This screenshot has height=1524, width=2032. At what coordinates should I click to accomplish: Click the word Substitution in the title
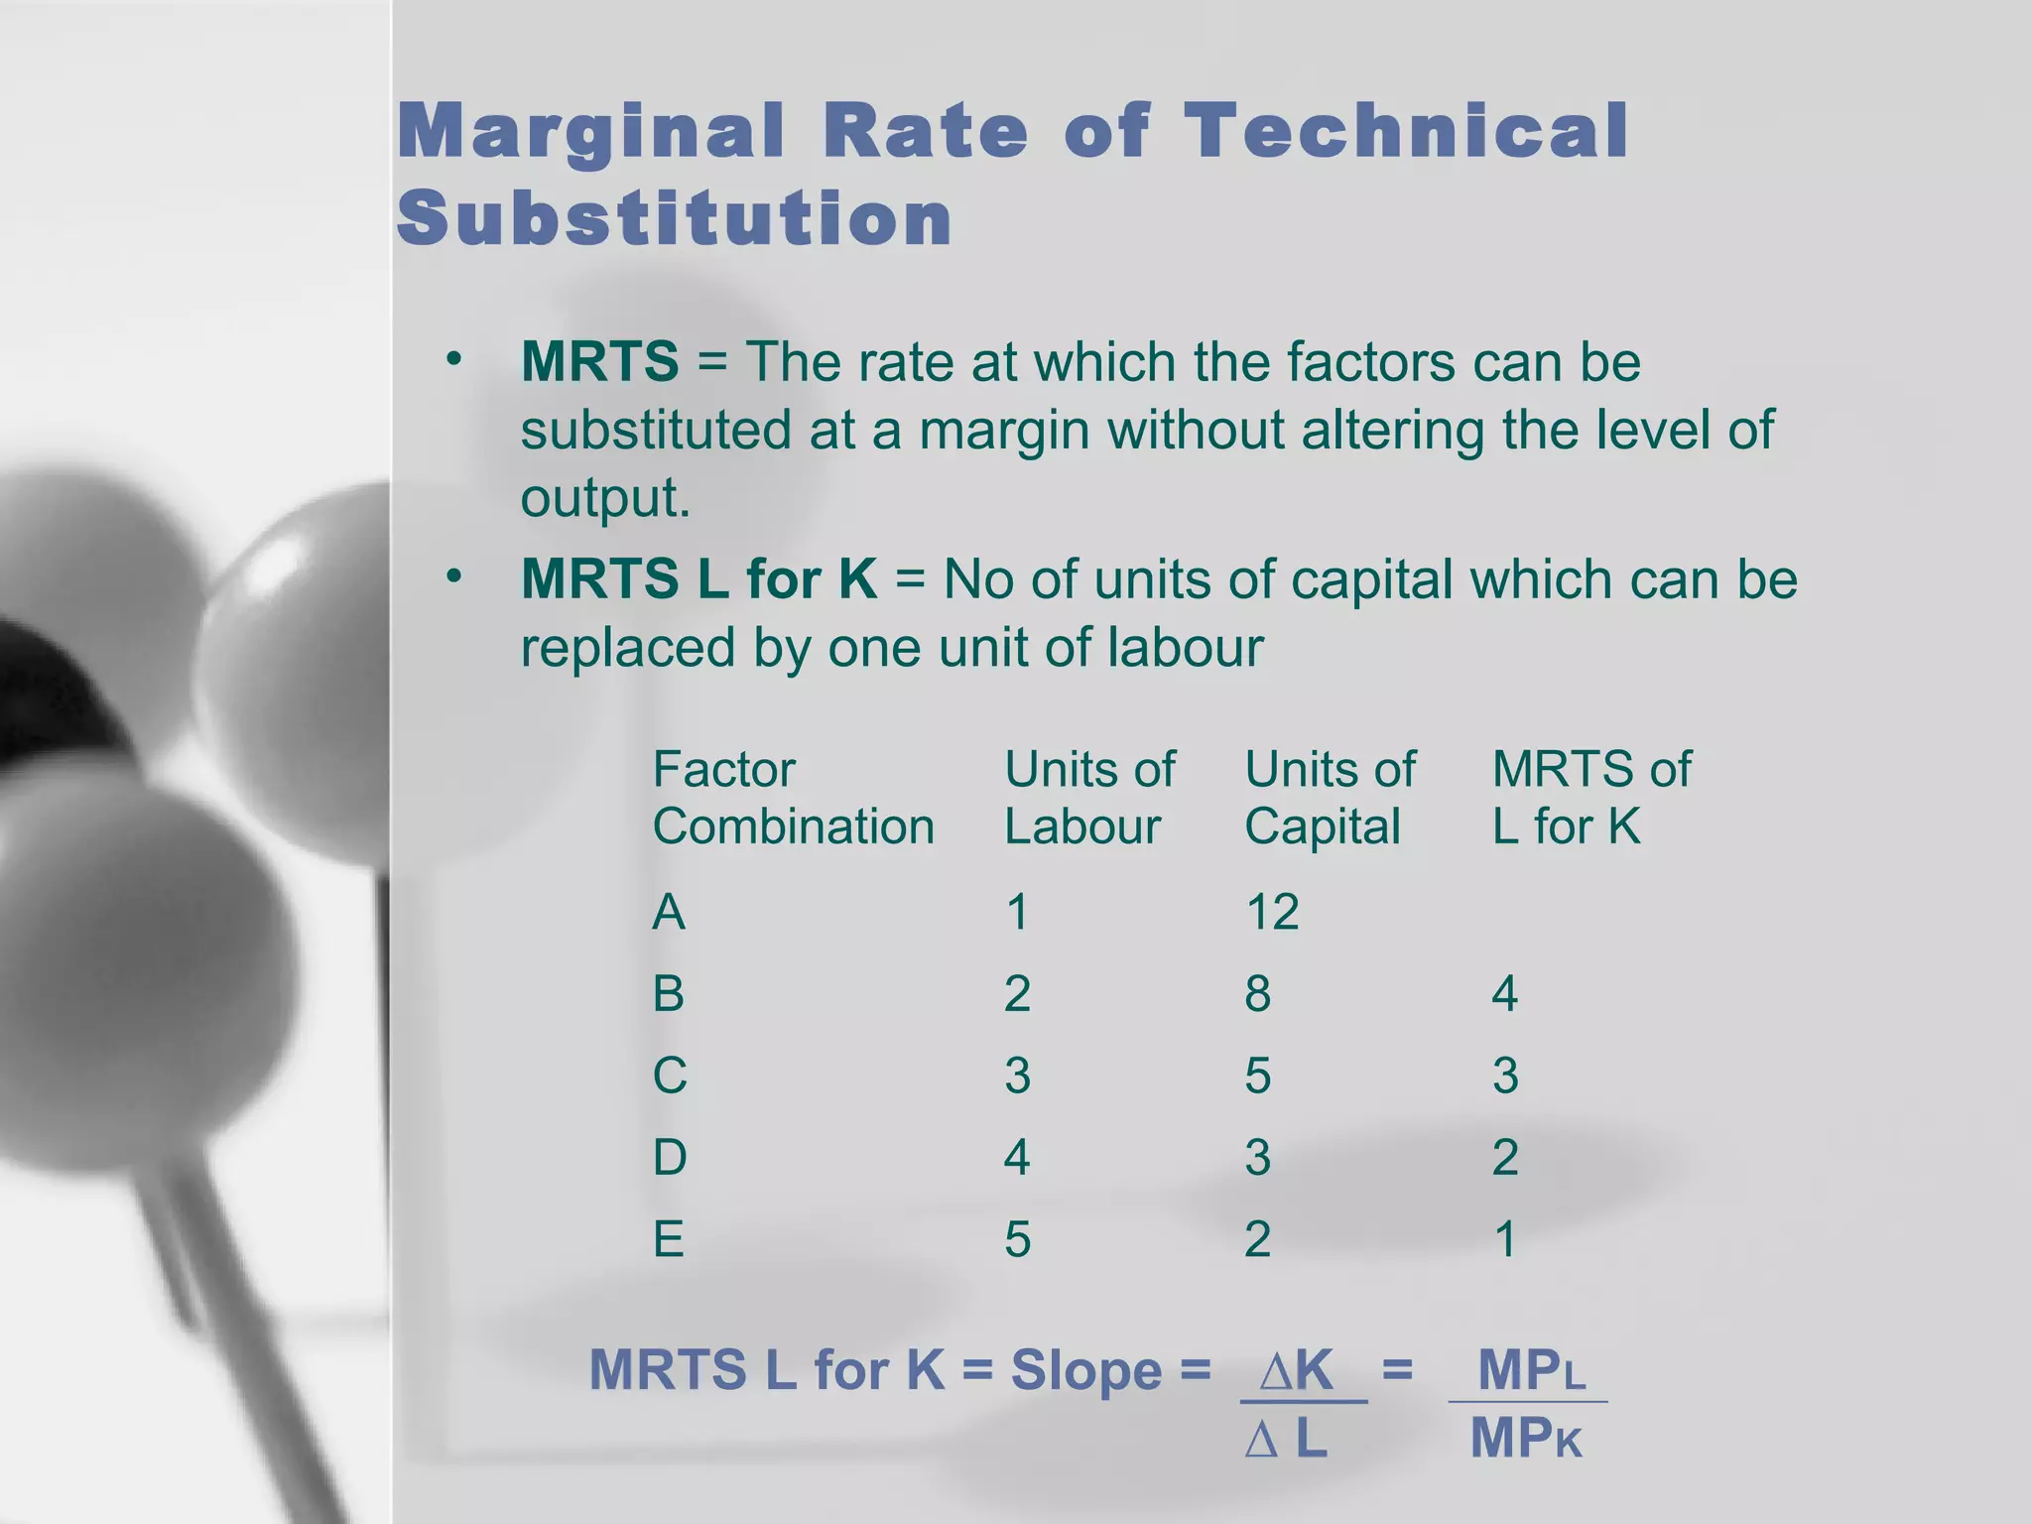675,218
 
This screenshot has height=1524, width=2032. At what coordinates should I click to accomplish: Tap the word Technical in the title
1406,131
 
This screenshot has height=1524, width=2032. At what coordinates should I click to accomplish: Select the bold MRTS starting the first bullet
599,361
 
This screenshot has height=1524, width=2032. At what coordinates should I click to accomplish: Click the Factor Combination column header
792,798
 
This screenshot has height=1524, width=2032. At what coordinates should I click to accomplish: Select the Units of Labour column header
1088,798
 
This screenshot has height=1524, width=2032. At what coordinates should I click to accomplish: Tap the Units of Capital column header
1330,798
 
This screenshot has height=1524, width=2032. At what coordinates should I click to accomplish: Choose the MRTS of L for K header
1590,798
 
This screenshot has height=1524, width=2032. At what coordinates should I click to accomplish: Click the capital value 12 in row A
1271,912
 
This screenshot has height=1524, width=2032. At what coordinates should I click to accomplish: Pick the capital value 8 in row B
1257,994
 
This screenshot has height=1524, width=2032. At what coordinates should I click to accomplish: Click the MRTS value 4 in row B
1504,994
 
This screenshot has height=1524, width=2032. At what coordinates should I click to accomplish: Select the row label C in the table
669,1077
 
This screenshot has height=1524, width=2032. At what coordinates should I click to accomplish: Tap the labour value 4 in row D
1016,1158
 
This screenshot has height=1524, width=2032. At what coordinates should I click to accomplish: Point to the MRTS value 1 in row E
1505,1240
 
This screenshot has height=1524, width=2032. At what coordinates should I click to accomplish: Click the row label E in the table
668,1240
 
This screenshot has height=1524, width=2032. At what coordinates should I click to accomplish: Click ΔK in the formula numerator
1297,1370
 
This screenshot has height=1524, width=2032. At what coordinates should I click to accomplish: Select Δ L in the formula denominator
1287,1439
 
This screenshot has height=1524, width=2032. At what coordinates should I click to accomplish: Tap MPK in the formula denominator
1526,1439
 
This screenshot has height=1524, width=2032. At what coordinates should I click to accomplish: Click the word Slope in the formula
1085,1372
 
